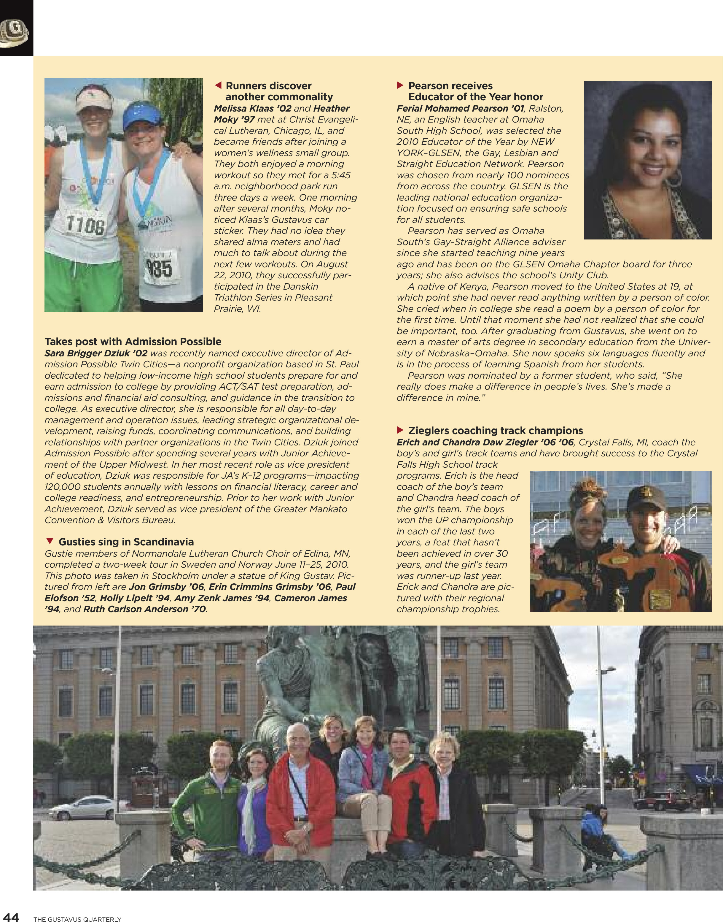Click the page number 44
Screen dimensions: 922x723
pos(10,916)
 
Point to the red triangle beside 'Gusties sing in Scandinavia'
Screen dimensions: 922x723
pos(50,541)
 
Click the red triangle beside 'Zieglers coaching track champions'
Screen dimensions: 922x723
pos(400,430)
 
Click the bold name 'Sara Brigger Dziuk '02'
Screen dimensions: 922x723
pos(96,353)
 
